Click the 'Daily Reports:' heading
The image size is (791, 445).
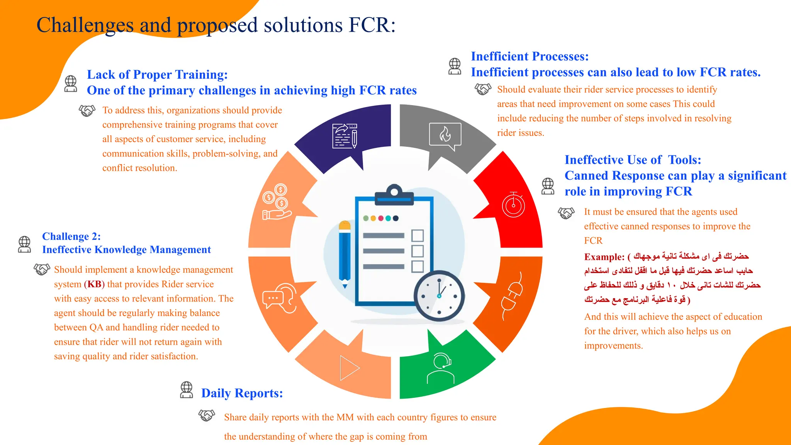coord(242,393)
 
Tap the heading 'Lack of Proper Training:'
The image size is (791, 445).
coord(157,75)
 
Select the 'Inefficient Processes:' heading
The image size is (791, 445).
coord(530,56)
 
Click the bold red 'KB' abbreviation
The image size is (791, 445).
coord(94,284)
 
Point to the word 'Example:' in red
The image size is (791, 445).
coord(604,257)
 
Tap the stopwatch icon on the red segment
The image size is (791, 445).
coord(513,205)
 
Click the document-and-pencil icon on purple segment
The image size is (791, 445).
coord(345,136)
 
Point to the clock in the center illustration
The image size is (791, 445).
coord(439,296)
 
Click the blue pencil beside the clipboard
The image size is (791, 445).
coord(345,255)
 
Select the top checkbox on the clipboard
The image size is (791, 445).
coord(418,235)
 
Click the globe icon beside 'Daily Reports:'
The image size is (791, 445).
coord(187,390)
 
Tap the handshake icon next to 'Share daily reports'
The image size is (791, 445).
coord(207,416)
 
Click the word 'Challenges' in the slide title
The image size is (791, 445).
coord(85,25)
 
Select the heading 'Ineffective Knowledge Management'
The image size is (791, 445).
coord(126,250)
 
